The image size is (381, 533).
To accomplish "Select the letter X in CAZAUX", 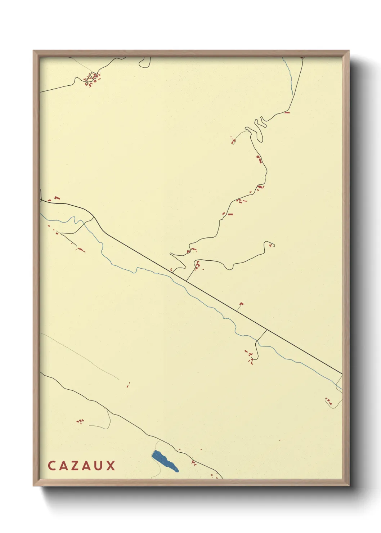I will click(x=111, y=465).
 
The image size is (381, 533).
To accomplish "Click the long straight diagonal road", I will click(x=216, y=299).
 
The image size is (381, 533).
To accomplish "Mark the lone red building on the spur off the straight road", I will click(x=241, y=304).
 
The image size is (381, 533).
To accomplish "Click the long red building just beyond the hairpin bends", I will click(x=287, y=113).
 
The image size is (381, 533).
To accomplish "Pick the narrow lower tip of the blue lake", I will click(x=176, y=470).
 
